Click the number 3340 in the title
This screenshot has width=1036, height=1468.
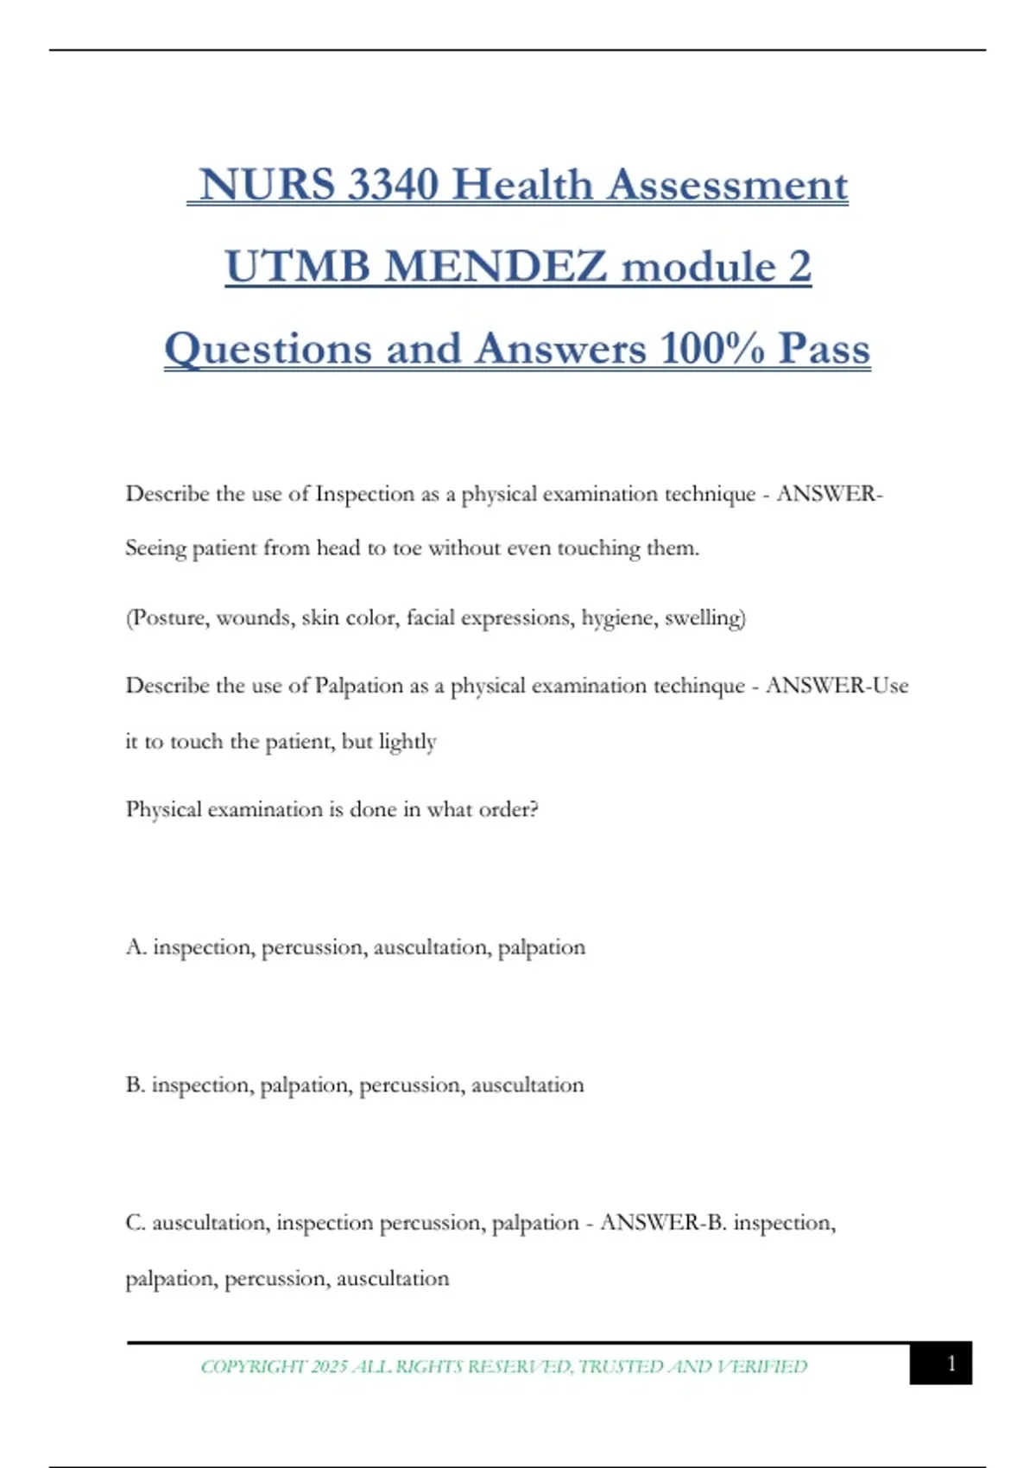(393, 185)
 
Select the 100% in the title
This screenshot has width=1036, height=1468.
(712, 349)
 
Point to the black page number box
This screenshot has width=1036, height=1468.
(940, 1363)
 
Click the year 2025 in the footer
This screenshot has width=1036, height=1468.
(329, 1366)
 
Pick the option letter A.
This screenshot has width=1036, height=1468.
(136, 947)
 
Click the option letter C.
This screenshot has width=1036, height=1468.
(136, 1223)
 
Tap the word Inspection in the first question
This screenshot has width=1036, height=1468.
(364, 494)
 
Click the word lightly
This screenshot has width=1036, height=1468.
(407, 742)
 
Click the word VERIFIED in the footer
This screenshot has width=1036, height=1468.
(762, 1366)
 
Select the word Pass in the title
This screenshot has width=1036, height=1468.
(824, 349)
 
